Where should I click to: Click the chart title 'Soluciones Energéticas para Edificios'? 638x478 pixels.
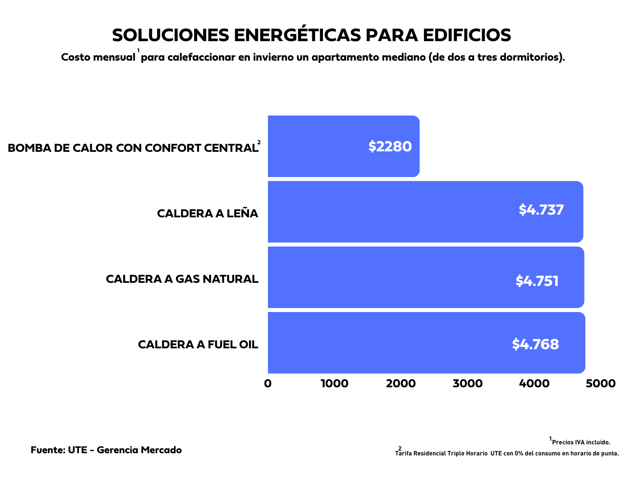click(311, 35)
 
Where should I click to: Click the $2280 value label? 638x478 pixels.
click(390, 146)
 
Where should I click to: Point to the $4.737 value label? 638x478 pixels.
click(541, 210)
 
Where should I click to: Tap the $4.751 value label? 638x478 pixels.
click(537, 281)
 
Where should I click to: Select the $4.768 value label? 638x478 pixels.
click(535, 344)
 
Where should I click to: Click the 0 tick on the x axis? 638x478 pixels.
click(268, 384)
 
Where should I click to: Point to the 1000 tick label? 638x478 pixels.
click(335, 384)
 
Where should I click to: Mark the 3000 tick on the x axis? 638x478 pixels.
click(467, 384)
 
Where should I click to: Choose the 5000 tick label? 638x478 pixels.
click(600, 384)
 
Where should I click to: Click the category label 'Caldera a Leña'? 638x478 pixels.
click(207, 214)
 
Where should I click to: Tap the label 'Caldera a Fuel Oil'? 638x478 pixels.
click(198, 345)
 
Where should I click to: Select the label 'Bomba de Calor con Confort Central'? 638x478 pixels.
click(133, 148)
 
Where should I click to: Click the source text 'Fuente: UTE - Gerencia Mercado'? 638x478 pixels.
click(106, 450)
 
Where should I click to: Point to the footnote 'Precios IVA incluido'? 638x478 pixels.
click(581, 443)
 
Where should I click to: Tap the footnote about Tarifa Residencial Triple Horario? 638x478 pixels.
click(507, 454)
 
